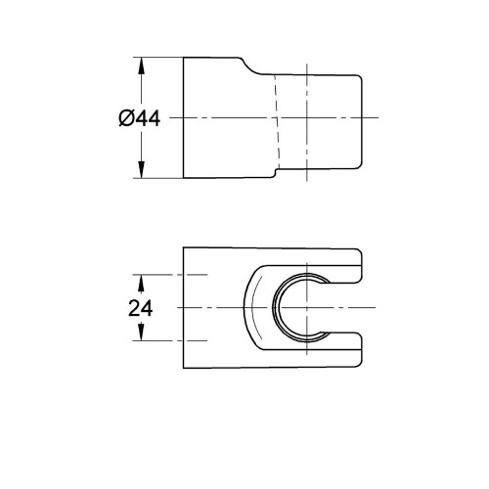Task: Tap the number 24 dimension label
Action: pos(141,307)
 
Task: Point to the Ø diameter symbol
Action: pos(125,118)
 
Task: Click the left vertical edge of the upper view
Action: pos(183,118)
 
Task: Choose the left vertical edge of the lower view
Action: pos(183,307)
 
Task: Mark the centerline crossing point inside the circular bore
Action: pos(302,307)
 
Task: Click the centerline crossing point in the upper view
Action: pos(305,118)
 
